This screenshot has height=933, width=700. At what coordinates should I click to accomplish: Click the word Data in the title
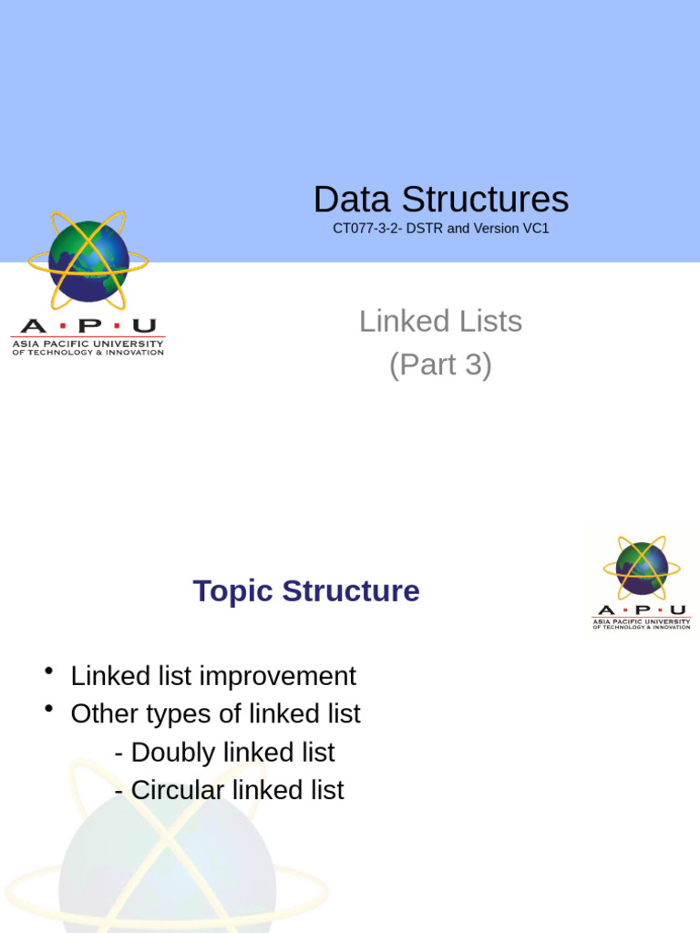pyautogui.click(x=352, y=200)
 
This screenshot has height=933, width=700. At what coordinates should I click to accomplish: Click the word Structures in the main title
pyautogui.click(x=485, y=200)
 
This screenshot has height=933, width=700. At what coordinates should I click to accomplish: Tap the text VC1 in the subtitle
pyautogui.click(x=536, y=229)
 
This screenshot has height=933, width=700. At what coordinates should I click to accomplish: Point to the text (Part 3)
pyautogui.click(x=440, y=364)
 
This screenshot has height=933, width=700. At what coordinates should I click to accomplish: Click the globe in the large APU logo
pyautogui.click(x=88, y=261)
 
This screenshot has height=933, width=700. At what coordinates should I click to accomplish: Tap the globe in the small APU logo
pyautogui.click(x=642, y=569)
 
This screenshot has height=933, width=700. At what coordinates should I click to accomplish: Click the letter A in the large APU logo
pyautogui.click(x=34, y=326)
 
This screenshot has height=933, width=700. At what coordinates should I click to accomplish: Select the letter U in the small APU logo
pyautogui.click(x=678, y=610)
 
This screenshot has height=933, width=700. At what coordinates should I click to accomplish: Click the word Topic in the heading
pyautogui.click(x=232, y=591)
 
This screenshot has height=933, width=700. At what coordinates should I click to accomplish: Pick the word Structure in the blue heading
pyautogui.click(x=351, y=590)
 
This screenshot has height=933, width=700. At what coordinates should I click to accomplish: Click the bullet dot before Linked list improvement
pyautogui.click(x=49, y=671)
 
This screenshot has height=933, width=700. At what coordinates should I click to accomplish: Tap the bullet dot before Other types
pyautogui.click(x=49, y=708)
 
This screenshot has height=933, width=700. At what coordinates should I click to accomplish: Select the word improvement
pyautogui.click(x=277, y=677)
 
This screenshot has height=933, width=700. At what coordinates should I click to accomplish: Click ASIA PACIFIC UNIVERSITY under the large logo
pyautogui.click(x=87, y=343)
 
